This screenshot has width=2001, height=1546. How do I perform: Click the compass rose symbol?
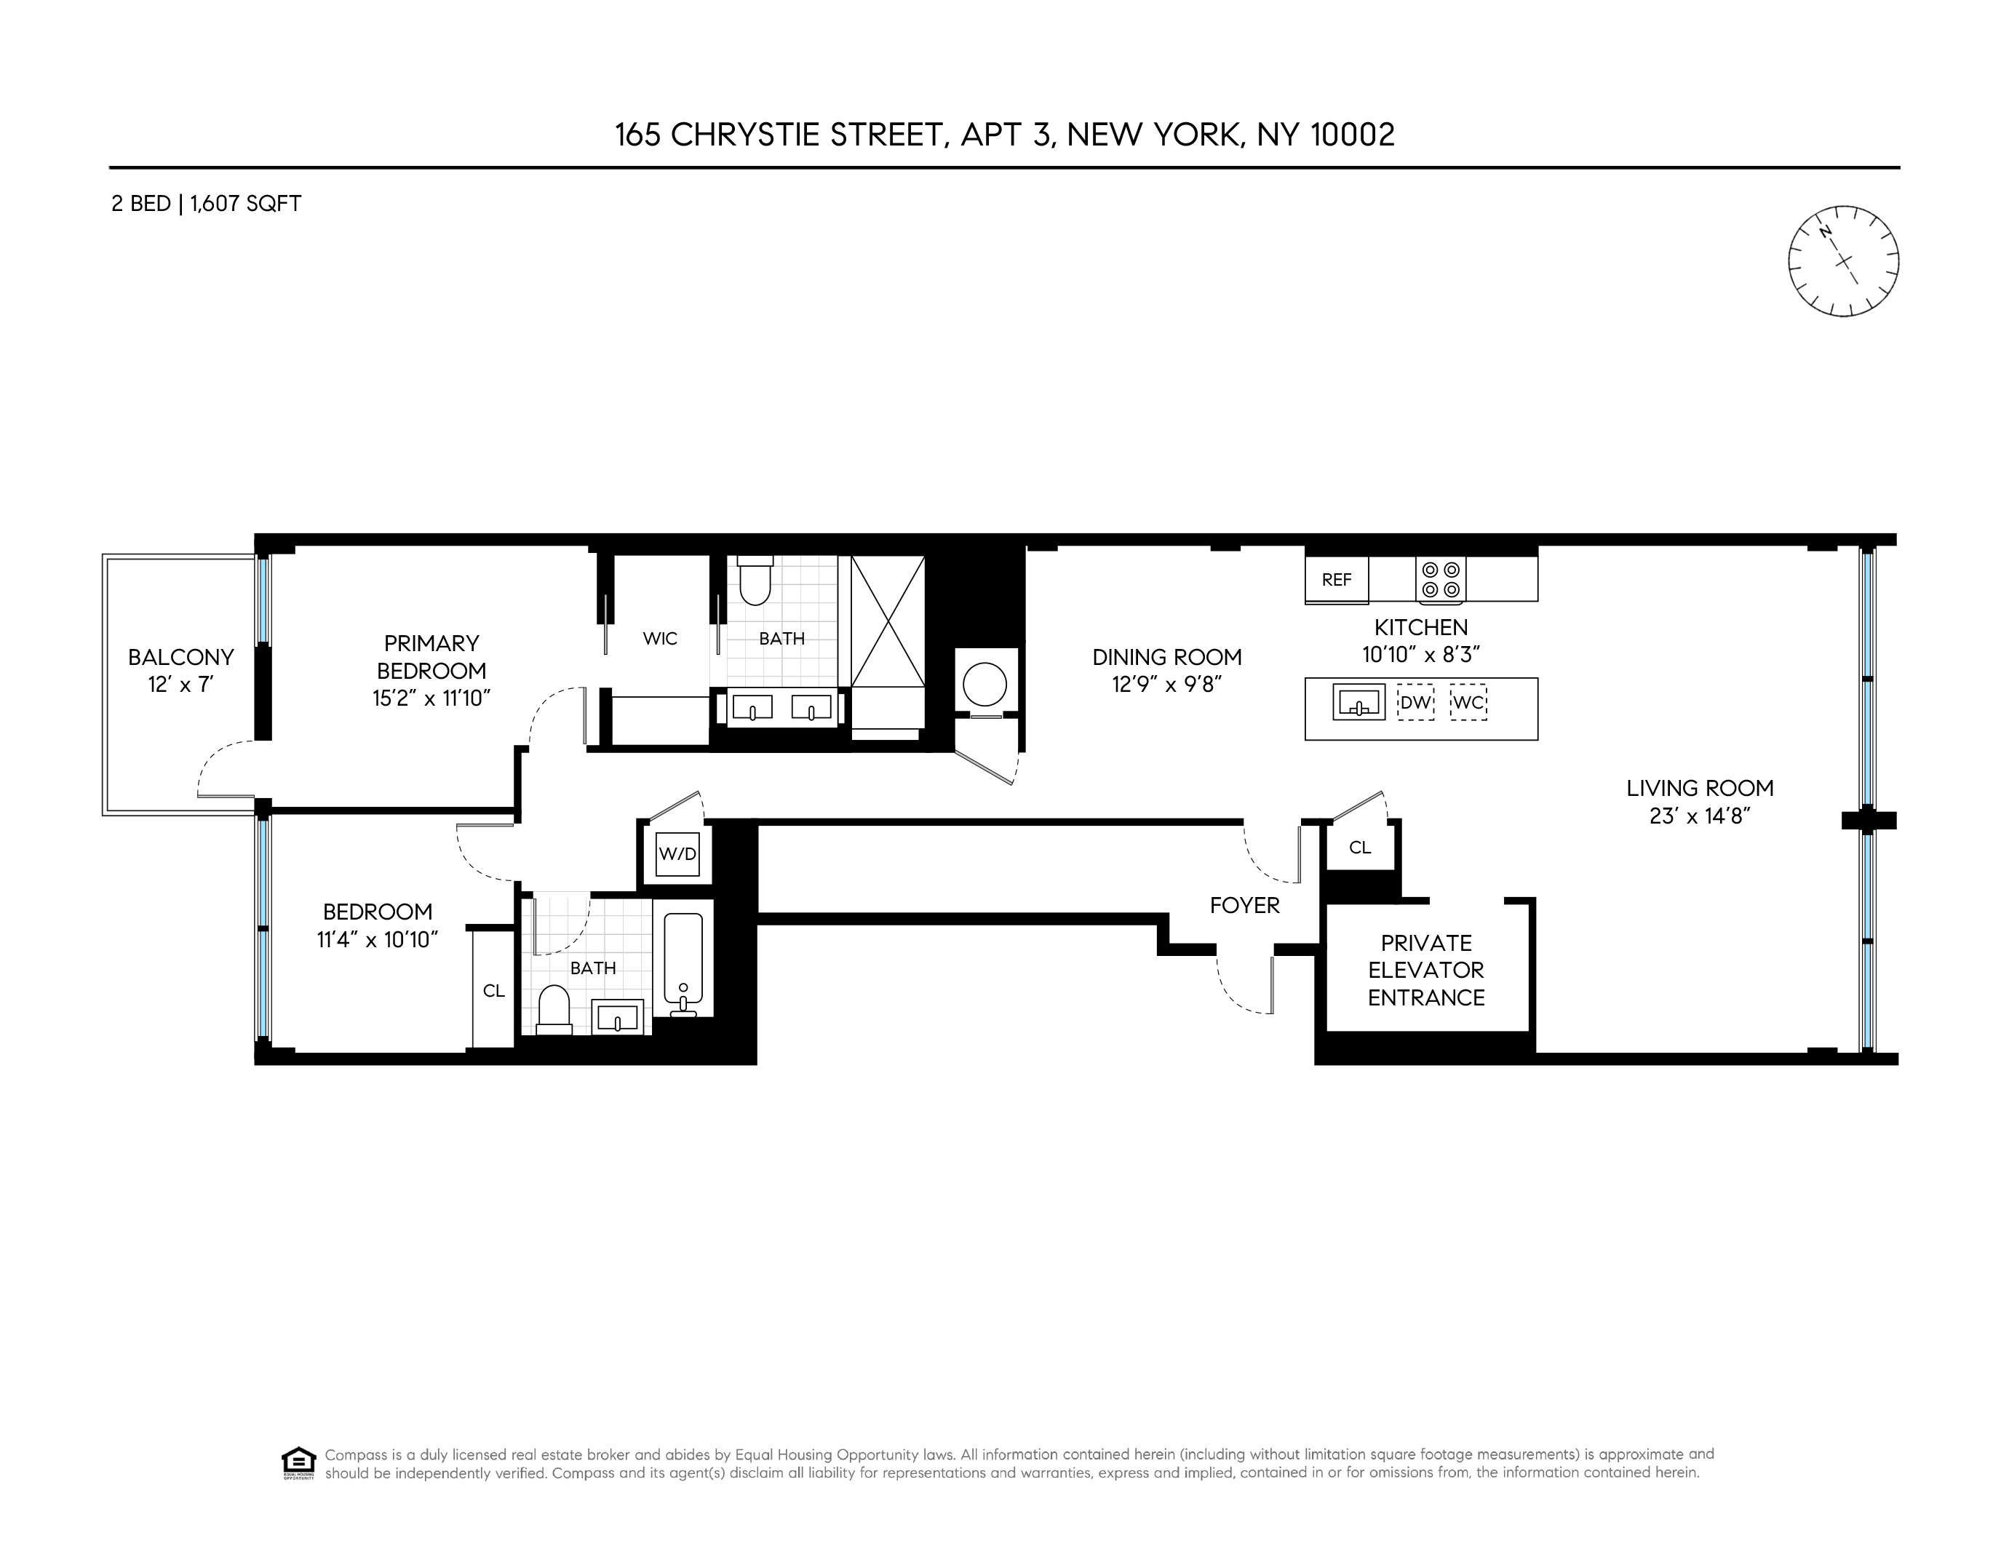[x=1842, y=261]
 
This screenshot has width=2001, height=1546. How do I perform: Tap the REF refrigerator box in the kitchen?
[x=1336, y=580]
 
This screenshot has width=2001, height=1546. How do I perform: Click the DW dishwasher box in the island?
[x=1415, y=704]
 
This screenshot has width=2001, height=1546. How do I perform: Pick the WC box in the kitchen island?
[x=1468, y=704]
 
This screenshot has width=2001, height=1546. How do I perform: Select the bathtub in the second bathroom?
[x=683, y=959]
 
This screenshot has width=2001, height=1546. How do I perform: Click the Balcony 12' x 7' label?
[x=181, y=671]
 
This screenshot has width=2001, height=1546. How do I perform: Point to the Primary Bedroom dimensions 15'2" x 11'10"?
[x=431, y=698]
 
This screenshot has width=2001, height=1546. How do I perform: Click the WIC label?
[x=660, y=638]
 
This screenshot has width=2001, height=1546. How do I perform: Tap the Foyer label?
[x=1244, y=906]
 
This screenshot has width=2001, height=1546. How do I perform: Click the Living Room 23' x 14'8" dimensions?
[x=1700, y=816]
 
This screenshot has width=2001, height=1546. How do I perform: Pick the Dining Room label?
[x=1166, y=657]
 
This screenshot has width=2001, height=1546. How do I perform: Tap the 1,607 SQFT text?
[x=245, y=203]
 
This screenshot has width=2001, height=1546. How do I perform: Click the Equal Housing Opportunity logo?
[x=298, y=1462]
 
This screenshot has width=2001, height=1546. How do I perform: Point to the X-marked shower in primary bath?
[x=887, y=621]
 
